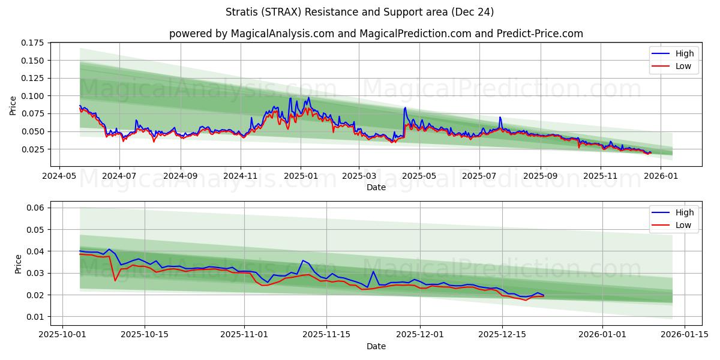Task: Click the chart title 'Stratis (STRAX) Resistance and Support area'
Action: coord(360,12)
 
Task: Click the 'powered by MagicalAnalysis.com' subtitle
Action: coord(376,34)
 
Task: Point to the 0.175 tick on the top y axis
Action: coord(33,43)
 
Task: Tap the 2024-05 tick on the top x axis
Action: coord(59,176)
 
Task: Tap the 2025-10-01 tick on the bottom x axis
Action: coord(63,335)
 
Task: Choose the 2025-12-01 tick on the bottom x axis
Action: coord(420,335)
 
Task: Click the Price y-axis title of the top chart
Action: coord(13,106)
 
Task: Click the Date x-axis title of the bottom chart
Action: coord(376,346)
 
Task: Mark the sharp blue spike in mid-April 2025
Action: coord(405,108)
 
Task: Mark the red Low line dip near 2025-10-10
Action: coord(115,280)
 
